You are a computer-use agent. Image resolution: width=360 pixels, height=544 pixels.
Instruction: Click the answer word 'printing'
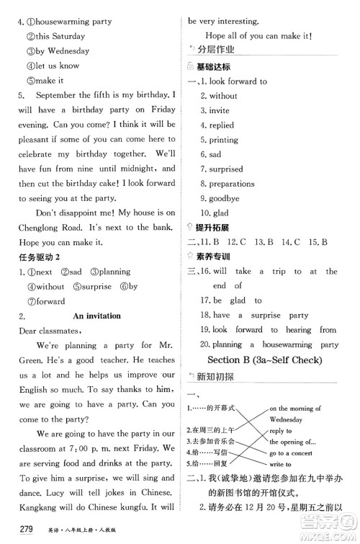pyautogui.click(x=223, y=140)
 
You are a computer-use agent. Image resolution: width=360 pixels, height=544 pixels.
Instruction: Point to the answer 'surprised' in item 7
pyautogui.click(x=226, y=169)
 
